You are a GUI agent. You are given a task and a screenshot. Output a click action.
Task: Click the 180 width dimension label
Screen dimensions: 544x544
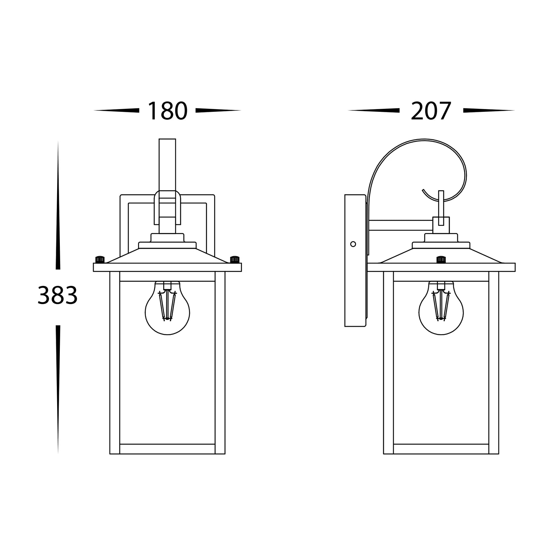(x=167, y=111)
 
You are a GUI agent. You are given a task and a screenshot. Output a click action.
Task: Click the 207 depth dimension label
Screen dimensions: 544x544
(x=431, y=111)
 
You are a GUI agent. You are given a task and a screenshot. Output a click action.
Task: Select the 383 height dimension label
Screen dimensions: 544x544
(x=57, y=295)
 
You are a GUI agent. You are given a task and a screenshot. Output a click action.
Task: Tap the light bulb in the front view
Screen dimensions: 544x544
(x=167, y=308)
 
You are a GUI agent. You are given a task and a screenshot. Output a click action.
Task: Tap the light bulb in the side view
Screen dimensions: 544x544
(x=441, y=308)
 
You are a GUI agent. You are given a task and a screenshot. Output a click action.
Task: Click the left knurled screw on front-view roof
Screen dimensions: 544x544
(x=100, y=259)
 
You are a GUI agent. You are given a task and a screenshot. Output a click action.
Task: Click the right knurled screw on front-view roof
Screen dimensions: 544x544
(x=235, y=259)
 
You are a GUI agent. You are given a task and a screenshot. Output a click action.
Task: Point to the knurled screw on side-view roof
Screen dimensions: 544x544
(x=441, y=259)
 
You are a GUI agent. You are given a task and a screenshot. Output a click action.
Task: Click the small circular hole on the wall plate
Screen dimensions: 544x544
(x=353, y=244)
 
